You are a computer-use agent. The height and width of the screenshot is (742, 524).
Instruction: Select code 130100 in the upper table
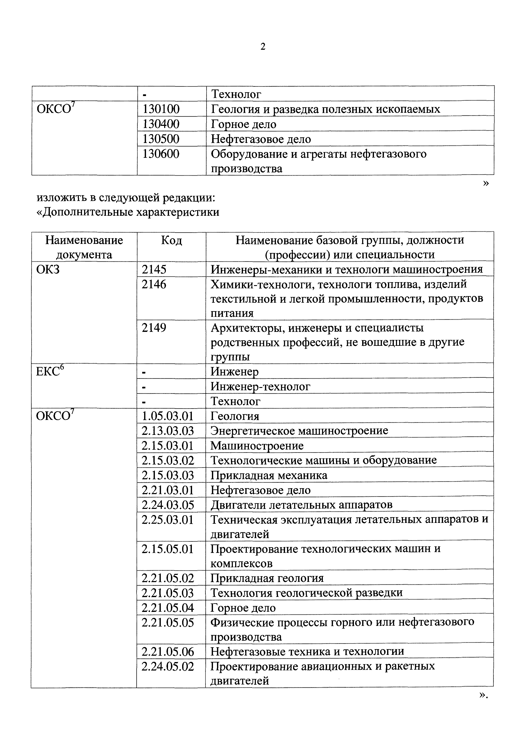point(161,109)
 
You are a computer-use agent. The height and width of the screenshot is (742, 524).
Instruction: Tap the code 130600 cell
point(161,154)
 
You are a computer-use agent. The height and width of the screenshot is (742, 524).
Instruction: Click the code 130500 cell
point(161,139)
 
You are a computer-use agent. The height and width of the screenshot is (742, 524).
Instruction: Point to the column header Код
point(171,240)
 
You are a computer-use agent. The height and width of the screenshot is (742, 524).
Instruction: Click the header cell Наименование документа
point(84,247)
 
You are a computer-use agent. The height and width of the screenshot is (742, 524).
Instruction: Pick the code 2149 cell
point(154,328)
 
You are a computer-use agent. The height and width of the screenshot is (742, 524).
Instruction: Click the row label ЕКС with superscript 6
point(48,372)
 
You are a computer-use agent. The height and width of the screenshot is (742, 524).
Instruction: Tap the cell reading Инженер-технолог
point(260,386)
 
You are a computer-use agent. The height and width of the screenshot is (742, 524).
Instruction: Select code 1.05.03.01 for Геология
point(168,416)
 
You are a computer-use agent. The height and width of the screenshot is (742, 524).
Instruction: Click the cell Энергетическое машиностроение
point(299,431)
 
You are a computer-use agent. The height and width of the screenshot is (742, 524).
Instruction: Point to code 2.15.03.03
point(168,475)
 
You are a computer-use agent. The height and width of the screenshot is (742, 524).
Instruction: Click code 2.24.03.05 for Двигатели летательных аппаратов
point(168,505)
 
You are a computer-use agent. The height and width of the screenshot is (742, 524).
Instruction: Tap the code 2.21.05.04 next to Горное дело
point(168,608)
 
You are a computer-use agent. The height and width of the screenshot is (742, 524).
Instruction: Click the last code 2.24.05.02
point(168,666)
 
